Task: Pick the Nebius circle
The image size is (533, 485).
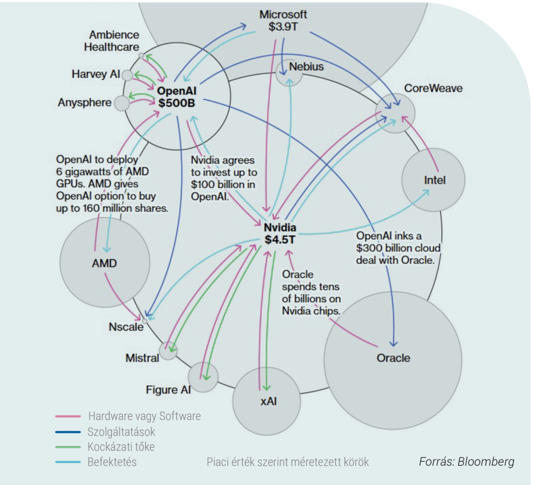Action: point(289,73)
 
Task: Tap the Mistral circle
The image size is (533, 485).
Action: point(168,351)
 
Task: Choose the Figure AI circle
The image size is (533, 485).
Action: point(201,376)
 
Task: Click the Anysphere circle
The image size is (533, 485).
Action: point(121,103)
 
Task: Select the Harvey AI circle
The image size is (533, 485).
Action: point(128,75)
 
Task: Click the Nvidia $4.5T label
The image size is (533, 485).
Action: point(280,233)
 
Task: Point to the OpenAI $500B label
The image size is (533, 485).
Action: point(176,97)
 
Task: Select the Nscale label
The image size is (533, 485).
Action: point(124,327)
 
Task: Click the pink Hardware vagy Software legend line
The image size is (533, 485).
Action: point(68,417)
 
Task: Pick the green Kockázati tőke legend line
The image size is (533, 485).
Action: point(68,447)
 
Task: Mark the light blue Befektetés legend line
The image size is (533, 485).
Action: point(68,462)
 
